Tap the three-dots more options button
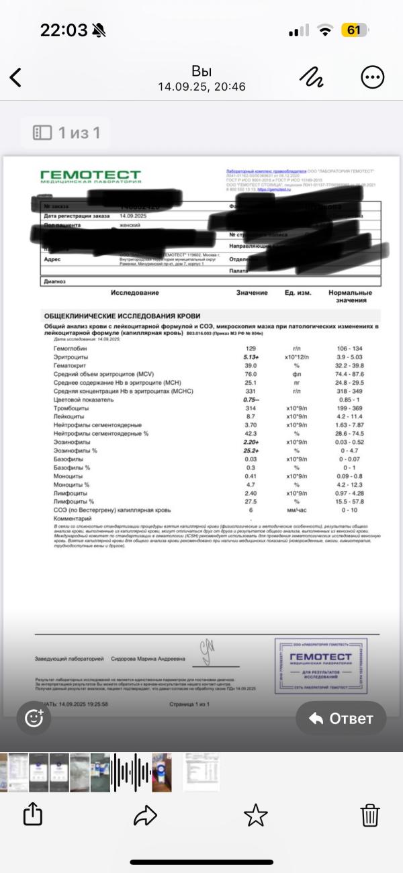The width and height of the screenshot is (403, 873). (372, 77)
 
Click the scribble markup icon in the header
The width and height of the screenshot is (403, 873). (312, 77)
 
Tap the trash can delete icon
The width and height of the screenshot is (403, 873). (370, 815)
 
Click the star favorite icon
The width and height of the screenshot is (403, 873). (255, 815)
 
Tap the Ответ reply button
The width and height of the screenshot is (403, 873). (341, 718)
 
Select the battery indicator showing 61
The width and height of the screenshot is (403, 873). (353, 30)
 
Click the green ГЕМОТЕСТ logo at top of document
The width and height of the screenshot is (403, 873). (91, 177)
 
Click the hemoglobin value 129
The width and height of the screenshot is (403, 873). (251, 349)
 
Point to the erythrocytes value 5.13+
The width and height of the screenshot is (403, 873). (251, 357)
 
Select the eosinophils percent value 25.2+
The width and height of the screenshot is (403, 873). (251, 451)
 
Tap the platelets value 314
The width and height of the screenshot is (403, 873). (251, 408)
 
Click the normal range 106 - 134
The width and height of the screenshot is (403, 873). (349, 349)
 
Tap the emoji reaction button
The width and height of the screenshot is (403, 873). (34, 718)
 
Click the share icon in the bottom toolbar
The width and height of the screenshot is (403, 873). (32, 815)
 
